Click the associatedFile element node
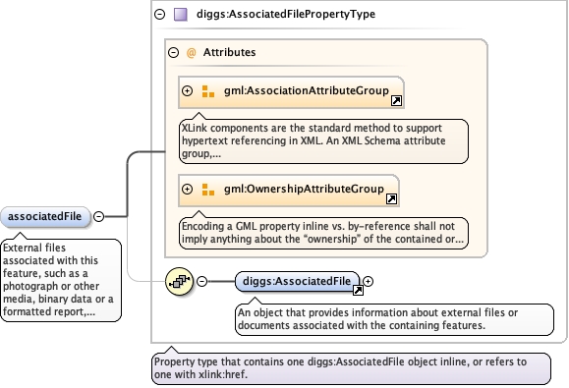[45, 217]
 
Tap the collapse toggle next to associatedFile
[98, 216]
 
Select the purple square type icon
[181, 15]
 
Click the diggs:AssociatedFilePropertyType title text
[286, 14]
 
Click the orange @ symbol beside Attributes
[191, 53]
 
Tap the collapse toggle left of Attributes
[174, 53]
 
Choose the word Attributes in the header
[229, 52]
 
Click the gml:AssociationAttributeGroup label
[307, 90]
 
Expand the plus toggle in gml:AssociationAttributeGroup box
[188, 90]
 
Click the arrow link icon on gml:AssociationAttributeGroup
[396, 100]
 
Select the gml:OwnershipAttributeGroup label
[304, 189]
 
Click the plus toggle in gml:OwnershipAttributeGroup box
[188, 189]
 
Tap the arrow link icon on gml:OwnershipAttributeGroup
[391, 198]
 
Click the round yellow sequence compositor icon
[179, 281]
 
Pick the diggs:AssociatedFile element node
[297, 281]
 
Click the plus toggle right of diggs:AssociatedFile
[368, 281]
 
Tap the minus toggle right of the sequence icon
[201, 281]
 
